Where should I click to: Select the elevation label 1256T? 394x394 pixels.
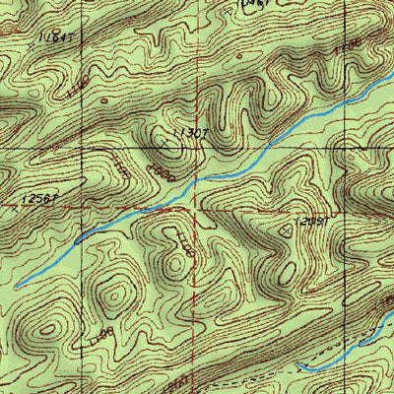[x=39, y=198]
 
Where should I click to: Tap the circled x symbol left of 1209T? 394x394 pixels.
[x=288, y=228]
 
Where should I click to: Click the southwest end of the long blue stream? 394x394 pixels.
[x=17, y=286]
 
